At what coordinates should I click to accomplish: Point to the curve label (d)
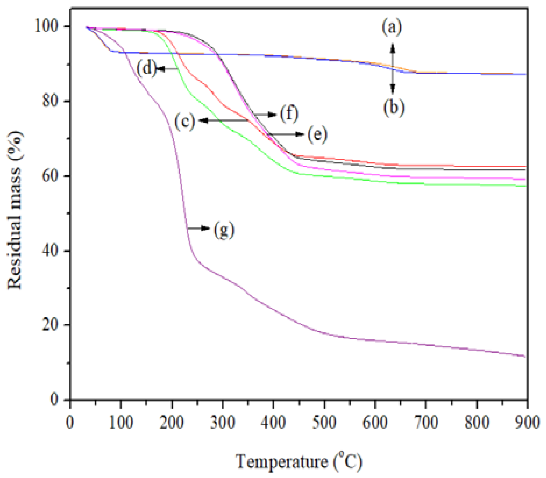tap(146, 69)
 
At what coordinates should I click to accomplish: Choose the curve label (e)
tap(317, 134)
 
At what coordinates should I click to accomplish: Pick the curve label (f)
tap(289, 114)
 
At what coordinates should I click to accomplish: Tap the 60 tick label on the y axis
tap(52, 176)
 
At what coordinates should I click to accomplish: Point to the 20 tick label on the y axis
tap(52, 325)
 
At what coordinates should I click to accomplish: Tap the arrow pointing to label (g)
tap(199, 228)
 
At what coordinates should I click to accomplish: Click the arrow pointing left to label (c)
tap(224, 120)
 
